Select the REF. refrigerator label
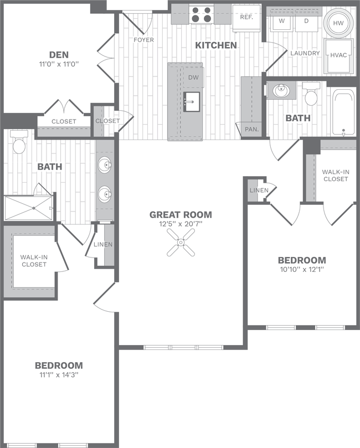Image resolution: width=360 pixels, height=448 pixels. tap(246, 17)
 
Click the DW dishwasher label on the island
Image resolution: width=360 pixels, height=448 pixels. tap(193, 78)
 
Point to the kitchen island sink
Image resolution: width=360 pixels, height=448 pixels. tap(192, 101)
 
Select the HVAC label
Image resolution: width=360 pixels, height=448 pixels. tap(338, 55)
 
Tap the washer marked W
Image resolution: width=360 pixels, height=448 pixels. tap(281, 22)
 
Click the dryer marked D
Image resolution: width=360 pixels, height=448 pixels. tap(306, 22)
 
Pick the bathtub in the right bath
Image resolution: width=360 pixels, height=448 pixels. tap(343, 114)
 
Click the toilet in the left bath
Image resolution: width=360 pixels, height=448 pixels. tap(19, 144)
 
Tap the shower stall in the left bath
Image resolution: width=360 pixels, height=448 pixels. tap(29, 208)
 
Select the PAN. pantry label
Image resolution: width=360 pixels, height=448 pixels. tap(249, 129)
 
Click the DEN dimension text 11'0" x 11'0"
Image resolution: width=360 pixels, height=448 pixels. tap(59, 64)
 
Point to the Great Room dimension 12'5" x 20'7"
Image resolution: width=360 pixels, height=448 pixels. tap(181, 224)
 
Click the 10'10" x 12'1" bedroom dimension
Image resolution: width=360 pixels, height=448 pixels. tap(301, 270)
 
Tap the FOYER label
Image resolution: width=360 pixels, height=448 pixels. tap(144, 40)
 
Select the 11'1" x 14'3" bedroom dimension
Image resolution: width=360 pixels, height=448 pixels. tap(59, 375)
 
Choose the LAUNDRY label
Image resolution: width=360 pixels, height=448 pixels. tap(305, 53)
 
